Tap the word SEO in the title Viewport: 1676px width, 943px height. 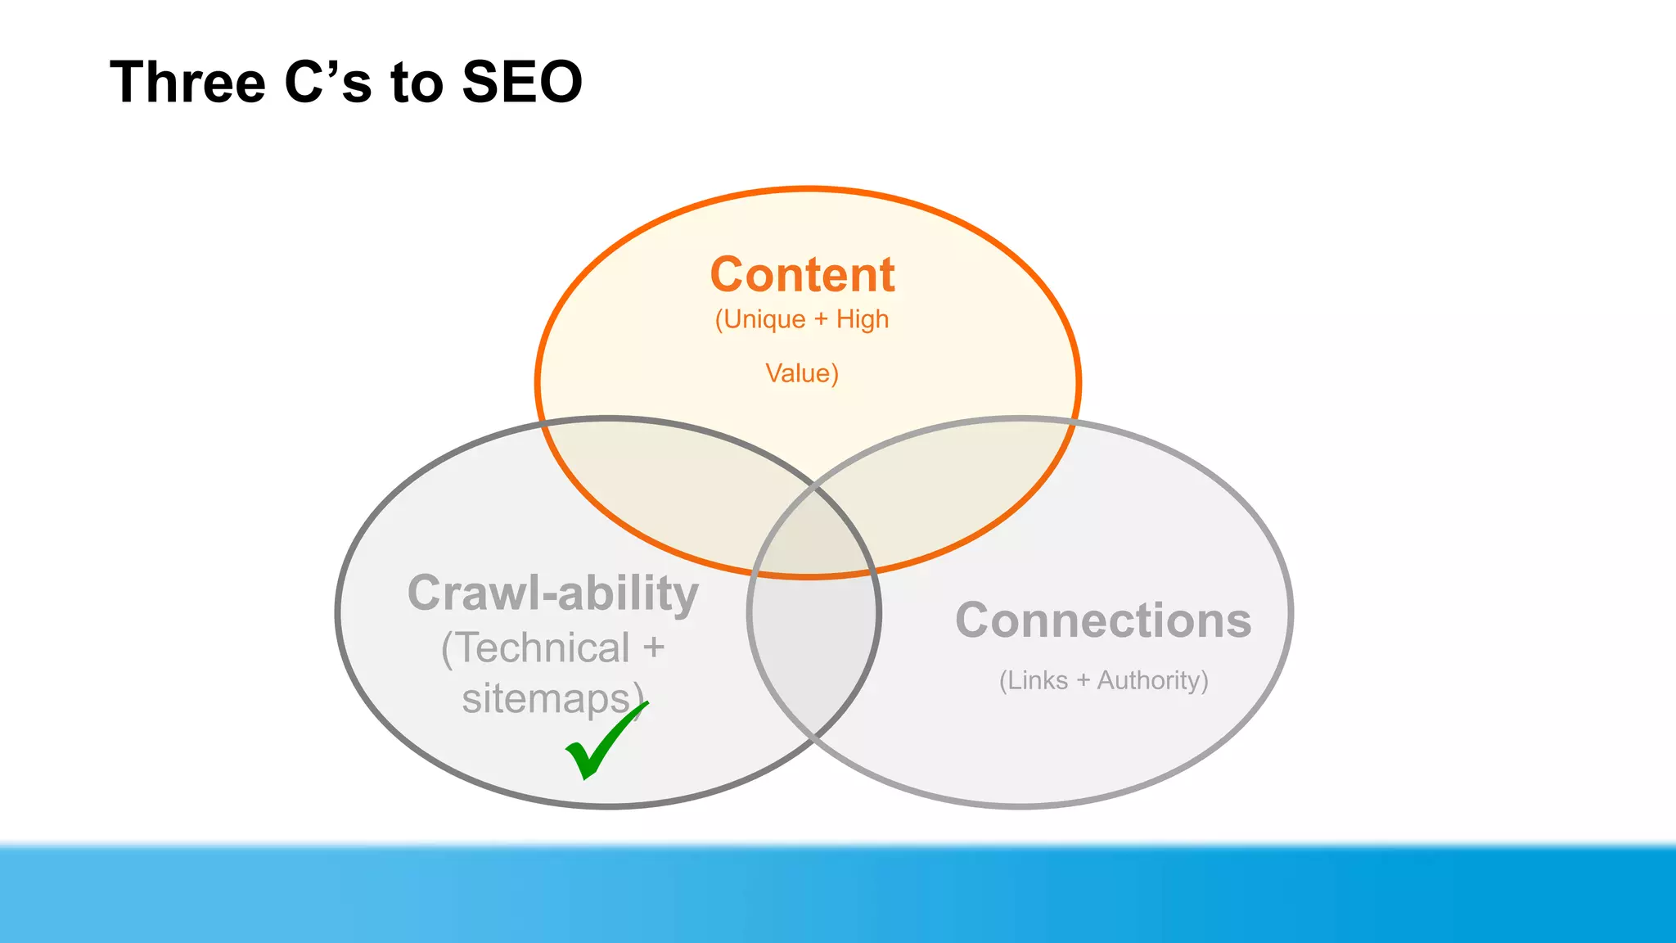[521, 82]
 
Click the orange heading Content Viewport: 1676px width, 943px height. [802, 274]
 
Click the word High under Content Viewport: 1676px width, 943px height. [862, 319]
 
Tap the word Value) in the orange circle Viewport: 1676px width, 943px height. [802, 373]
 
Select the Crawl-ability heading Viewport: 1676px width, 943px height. [553, 593]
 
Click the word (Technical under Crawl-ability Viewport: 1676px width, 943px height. [535, 648]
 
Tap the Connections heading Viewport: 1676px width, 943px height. [1103, 620]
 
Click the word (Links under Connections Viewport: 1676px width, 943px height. [1034, 680]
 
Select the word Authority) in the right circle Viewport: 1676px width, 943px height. [1152, 680]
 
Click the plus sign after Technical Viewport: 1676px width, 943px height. [653, 648]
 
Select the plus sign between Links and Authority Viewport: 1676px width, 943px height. [1083, 680]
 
